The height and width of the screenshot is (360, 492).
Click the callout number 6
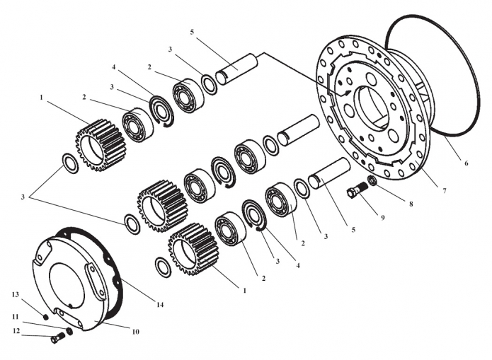click(x=466, y=163)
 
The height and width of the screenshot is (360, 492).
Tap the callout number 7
click(x=444, y=190)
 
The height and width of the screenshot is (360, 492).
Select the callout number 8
click(x=411, y=204)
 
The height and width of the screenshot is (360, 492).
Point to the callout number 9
click(x=382, y=217)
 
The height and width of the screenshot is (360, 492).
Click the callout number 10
click(x=135, y=332)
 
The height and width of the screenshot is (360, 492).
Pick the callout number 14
click(x=160, y=305)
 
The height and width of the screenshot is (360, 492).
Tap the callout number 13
click(x=16, y=294)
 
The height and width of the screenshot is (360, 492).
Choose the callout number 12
click(x=16, y=330)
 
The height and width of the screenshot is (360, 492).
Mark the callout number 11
click(x=16, y=317)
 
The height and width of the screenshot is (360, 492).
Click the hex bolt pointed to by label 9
click(x=357, y=190)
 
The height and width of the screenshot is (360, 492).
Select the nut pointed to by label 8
click(x=372, y=180)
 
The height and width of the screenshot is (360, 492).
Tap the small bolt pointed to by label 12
click(x=57, y=338)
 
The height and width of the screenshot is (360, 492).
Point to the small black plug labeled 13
click(x=46, y=318)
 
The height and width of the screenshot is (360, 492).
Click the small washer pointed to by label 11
click(x=69, y=330)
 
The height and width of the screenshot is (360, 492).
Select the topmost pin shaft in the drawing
click(x=237, y=69)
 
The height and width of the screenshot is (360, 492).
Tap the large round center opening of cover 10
click(x=67, y=284)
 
